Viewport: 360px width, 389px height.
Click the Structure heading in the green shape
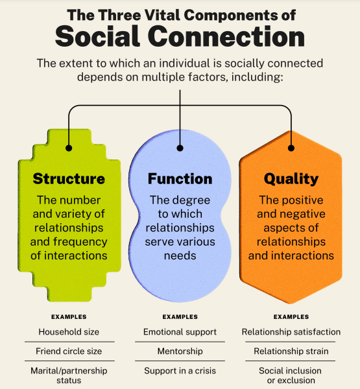(69, 179)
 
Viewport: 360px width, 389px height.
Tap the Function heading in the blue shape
(180, 179)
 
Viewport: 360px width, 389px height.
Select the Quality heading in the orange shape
(291, 179)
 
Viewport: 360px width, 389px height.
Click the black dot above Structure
(69, 148)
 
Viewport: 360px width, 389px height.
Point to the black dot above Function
(180, 148)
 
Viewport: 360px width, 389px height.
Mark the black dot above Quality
(291, 148)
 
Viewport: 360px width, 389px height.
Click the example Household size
(69, 332)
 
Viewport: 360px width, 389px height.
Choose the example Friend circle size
(69, 351)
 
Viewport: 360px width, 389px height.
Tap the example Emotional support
(180, 332)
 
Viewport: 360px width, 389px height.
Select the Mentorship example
(180, 351)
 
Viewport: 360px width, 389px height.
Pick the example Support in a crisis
(180, 371)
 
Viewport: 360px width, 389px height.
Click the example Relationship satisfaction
(291, 332)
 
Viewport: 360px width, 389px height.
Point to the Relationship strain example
(291, 351)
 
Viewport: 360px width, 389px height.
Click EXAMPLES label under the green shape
(69, 317)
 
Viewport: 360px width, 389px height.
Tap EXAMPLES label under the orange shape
(291, 317)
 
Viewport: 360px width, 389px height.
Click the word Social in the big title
(97, 36)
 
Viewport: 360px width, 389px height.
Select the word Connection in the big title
(226, 36)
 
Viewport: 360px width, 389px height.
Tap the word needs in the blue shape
(180, 256)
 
